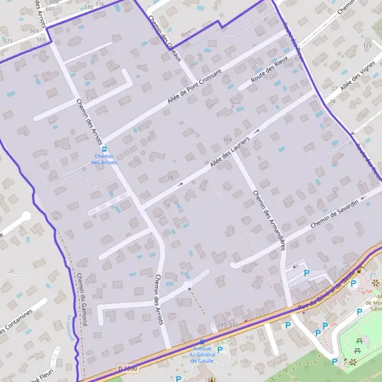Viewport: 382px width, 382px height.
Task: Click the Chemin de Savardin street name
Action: tap(339, 216)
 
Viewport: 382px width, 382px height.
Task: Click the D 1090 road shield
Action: tap(127, 369)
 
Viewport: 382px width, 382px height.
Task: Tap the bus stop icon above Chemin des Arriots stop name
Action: tap(104, 149)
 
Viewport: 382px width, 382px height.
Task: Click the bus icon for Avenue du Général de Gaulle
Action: tap(202, 342)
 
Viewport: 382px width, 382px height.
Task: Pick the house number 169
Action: tap(227, 139)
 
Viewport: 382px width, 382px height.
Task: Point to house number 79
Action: tap(169, 177)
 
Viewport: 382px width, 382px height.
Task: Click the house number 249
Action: tap(222, 325)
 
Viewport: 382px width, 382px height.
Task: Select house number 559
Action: tap(41, 39)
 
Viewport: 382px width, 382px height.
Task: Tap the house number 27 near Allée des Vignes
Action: tap(334, 88)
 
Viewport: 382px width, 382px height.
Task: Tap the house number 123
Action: tap(367, 46)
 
